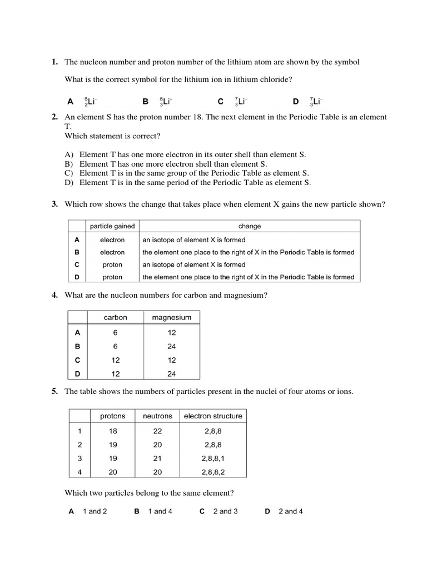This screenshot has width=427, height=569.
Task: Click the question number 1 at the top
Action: (54, 62)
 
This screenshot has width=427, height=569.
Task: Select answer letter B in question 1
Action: (146, 102)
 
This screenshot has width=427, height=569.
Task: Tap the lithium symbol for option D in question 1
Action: (316, 102)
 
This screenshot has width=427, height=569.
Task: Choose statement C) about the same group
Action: (194, 173)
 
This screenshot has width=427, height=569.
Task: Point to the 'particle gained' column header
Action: (112, 226)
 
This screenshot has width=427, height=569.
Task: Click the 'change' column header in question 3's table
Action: (250, 226)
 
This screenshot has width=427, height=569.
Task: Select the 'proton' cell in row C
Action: (112, 264)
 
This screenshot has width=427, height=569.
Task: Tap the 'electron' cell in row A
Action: (112, 240)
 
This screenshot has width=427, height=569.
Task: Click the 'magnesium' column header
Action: (171, 317)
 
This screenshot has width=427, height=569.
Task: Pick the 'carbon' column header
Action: (115, 317)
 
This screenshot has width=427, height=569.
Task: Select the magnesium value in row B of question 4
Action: (171, 346)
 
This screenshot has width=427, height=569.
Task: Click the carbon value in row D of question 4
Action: (115, 373)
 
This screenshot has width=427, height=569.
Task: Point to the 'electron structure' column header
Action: (213, 416)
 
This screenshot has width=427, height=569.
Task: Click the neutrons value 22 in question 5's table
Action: (157, 431)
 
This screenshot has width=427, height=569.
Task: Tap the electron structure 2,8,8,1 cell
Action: (213, 458)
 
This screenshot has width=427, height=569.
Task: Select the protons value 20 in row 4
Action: (112, 472)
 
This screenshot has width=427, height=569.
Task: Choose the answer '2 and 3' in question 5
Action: (225, 511)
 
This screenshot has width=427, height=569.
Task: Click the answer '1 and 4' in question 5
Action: (160, 511)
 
